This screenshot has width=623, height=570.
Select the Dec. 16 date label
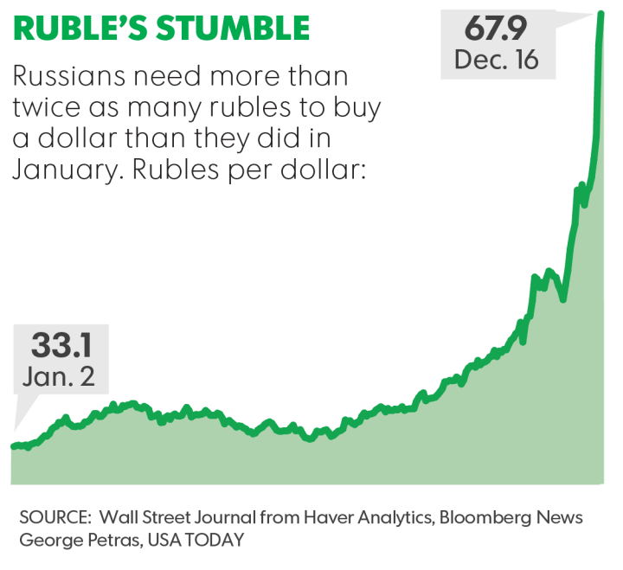click(x=496, y=61)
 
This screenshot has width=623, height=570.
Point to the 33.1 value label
click(x=61, y=345)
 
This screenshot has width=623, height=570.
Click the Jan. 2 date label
click(x=61, y=377)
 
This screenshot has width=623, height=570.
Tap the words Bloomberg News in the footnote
click(x=511, y=517)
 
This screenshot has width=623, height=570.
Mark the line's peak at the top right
click(x=600, y=13)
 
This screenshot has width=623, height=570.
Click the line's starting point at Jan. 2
click(x=13, y=446)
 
